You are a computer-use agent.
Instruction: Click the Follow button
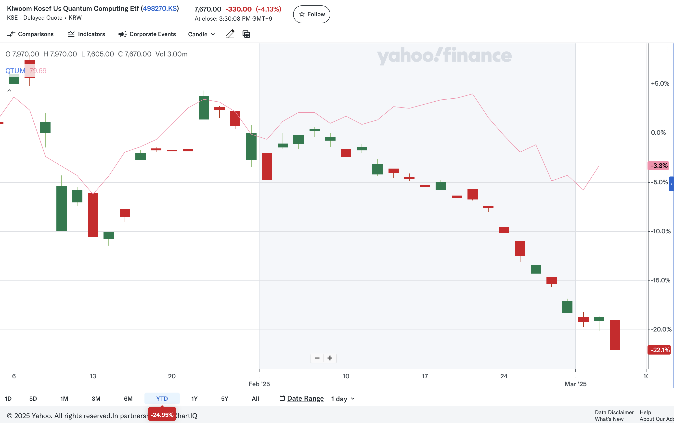[x=311, y=14]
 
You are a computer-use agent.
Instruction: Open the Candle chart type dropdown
[x=201, y=34]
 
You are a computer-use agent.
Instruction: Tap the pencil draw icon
[x=230, y=34]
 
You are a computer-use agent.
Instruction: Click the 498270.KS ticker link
[x=160, y=8]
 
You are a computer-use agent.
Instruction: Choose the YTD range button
[x=162, y=398]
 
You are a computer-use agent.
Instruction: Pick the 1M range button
[x=64, y=398]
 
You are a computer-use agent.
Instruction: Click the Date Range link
[x=305, y=398]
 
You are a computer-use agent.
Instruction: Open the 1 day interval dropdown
[x=343, y=399]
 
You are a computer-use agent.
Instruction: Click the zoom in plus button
[x=330, y=358]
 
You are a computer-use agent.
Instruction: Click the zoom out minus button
[x=317, y=358]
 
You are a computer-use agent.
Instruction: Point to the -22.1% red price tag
[x=660, y=350]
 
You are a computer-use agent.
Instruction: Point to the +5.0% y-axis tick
[x=660, y=84]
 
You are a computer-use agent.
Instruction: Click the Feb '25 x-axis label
[x=259, y=384]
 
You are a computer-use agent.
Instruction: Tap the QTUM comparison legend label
[x=15, y=71]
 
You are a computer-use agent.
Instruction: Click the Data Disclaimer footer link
[x=614, y=412]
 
